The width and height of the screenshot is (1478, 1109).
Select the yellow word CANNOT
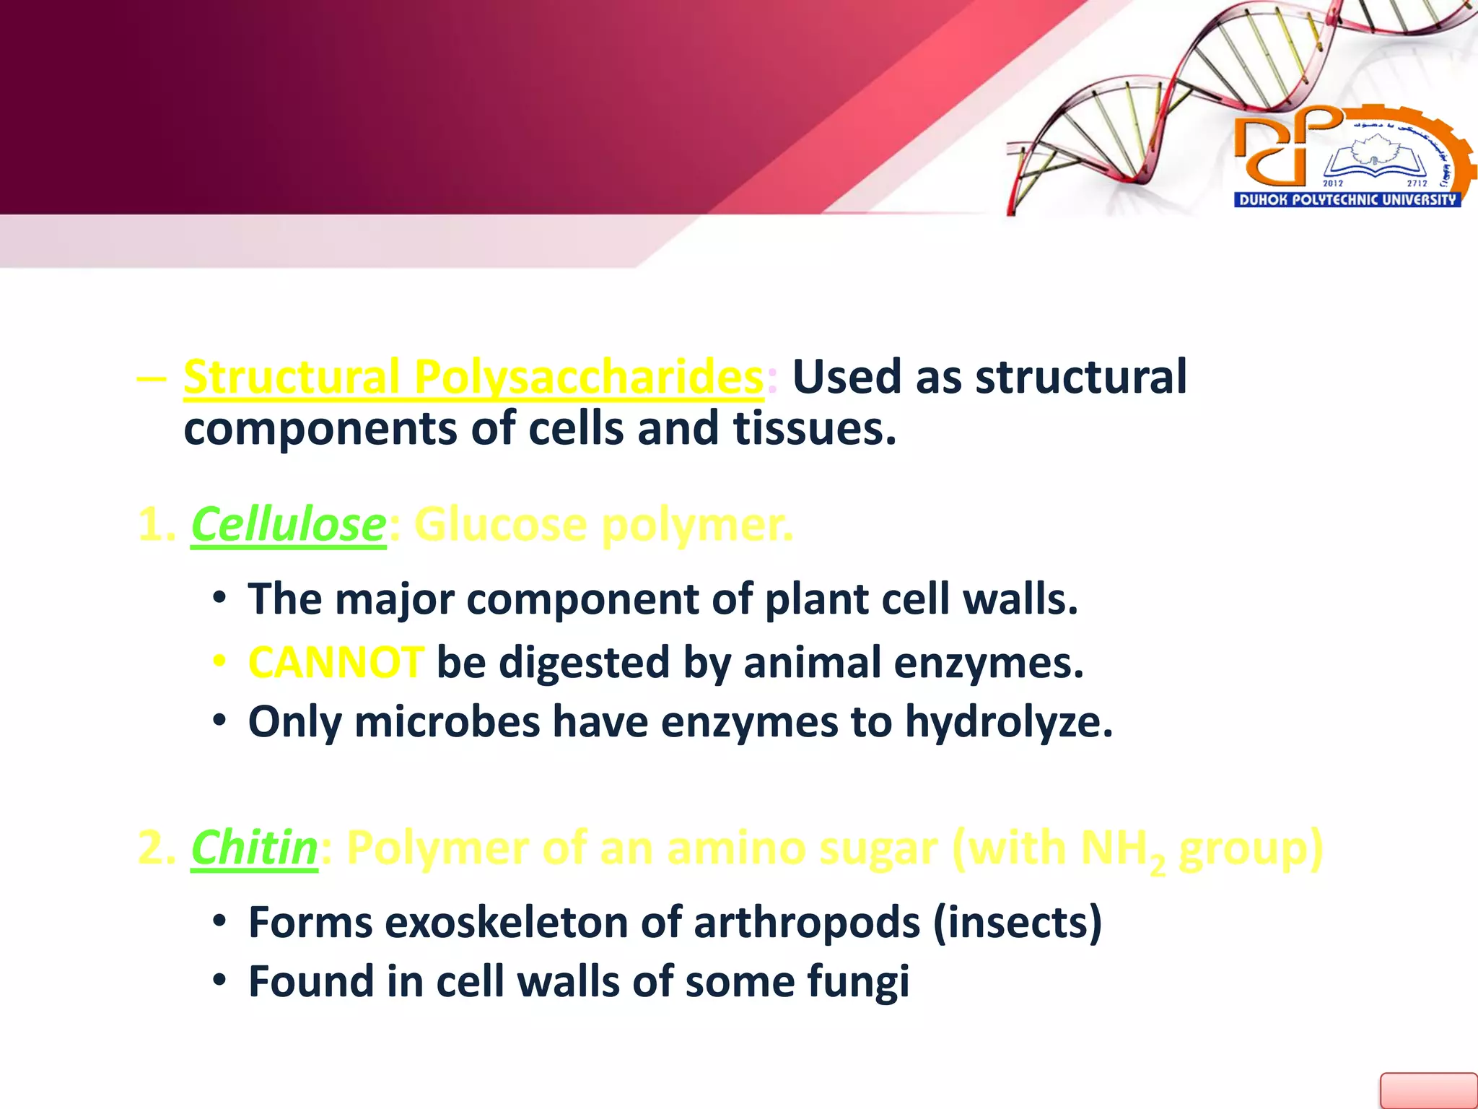[336, 662]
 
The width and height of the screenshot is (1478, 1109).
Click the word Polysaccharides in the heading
[588, 377]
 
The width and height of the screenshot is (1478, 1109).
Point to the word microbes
[447, 721]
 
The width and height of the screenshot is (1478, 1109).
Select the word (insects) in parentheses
[1017, 922]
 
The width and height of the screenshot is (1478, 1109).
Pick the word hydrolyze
[1008, 723]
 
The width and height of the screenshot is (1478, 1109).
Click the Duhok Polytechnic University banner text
[1347, 200]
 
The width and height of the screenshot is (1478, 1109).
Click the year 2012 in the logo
[1332, 183]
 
